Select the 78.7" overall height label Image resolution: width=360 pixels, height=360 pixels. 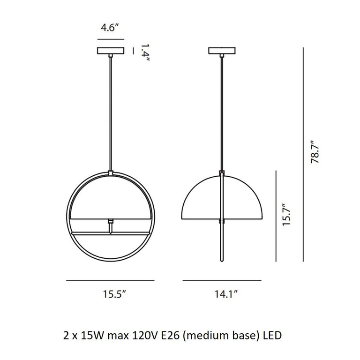(x=315, y=150)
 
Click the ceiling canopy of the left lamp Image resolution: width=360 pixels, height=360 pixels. (x=111, y=50)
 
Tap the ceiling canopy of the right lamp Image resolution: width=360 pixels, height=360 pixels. (x=222, y=50)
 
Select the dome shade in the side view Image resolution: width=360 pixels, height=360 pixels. (x=222, y=197)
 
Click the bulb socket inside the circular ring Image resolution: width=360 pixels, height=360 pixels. (x=111, y=226)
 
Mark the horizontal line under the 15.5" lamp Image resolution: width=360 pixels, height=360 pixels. (x=111, y=280)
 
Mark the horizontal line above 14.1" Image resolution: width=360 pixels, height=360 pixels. (x=222, y=280)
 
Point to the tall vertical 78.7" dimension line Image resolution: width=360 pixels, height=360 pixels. (x=304, y=154)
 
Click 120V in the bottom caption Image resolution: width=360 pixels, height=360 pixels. (x=140, y=336)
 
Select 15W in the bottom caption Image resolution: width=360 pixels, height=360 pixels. (x=90, y=336)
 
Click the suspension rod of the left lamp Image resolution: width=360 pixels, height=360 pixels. (x=111, y=112)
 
